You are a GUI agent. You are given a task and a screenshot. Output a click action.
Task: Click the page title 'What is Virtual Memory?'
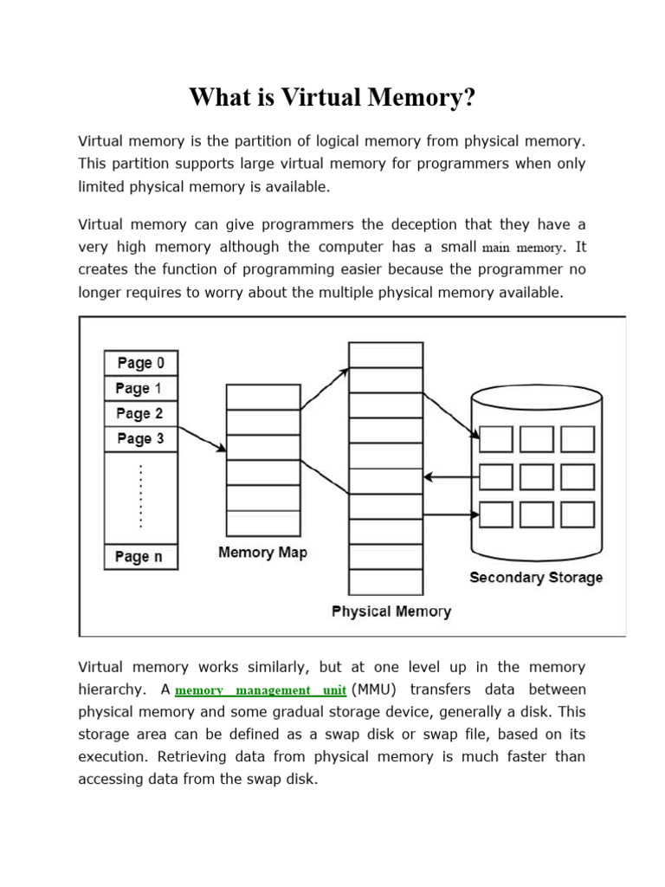tap(332, 98)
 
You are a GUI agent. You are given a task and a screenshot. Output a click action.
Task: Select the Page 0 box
tap(140, 363)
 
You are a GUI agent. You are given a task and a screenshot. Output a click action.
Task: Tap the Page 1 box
tap(140, 388)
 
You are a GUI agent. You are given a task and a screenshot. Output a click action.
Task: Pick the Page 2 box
tap(140, 413)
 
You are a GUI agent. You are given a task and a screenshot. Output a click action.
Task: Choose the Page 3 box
tap(140, 438)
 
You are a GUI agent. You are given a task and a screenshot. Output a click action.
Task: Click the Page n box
tap(140, 556)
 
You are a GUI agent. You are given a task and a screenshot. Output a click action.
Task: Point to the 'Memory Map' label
tap(262, 553)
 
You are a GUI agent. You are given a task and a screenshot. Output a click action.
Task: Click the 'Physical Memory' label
tap(391, 612)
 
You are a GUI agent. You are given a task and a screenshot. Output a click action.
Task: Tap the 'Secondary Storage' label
tap(535, 578)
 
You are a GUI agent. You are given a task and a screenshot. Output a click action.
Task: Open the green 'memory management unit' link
tap(261, 691)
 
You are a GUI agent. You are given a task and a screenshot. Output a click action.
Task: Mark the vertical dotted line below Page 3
tap(140, 495)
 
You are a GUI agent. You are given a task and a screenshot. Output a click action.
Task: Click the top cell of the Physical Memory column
tap(385, 354)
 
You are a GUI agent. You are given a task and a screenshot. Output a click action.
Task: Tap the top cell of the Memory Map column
tap(262, 397)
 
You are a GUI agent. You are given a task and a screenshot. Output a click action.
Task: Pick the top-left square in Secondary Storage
tap(495, 439)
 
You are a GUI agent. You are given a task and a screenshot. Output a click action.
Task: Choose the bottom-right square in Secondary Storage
tap(577, 515)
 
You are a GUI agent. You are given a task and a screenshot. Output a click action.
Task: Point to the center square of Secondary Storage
tap(536, 477)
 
